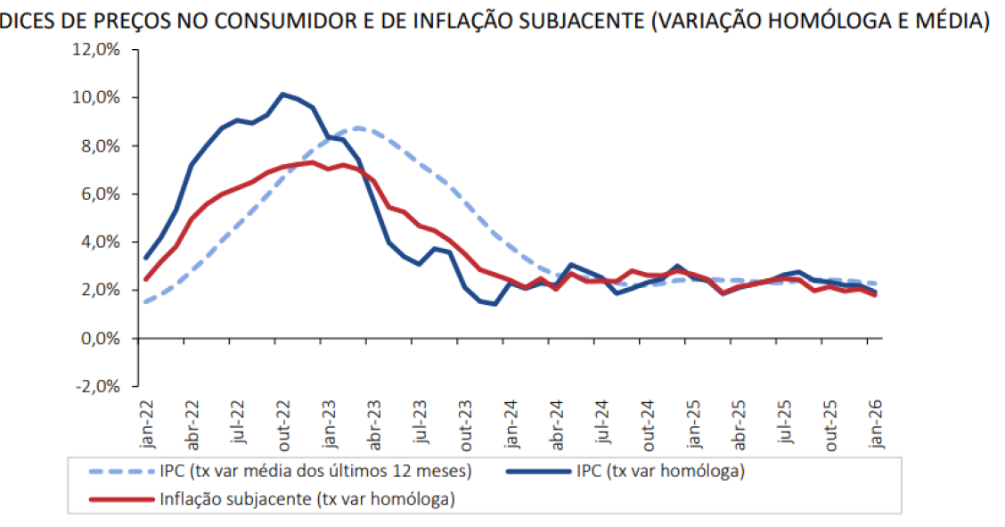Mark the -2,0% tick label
(97, 387)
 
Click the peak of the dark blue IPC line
(282, 94)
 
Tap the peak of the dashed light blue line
(358, 128)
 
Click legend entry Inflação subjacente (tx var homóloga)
(307, 499)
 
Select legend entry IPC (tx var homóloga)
(658, 470)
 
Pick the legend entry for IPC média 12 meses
(316, 470)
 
